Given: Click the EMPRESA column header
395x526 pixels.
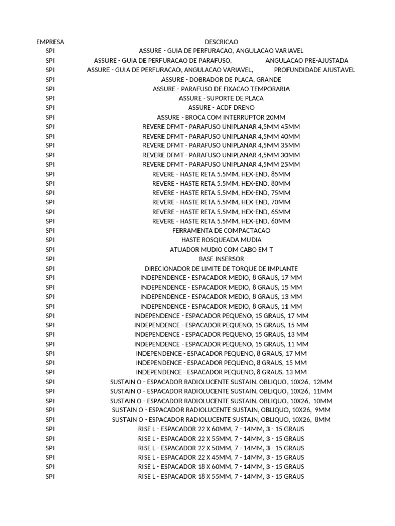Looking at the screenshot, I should click(x=50, y=42).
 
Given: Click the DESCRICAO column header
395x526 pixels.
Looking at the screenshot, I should click(x=221, y=42).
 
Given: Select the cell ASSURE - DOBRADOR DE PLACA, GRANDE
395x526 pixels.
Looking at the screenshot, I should click(x=221, y=80).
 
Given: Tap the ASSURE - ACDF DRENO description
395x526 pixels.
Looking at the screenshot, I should click(x=221, y=108).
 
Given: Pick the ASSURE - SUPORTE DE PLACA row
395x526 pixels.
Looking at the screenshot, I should click(x=221, y=98).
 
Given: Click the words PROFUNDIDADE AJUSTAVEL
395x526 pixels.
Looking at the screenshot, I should click(x=314, y=70).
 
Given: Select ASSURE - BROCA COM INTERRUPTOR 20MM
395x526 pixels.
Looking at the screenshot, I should click(x=221, y=117).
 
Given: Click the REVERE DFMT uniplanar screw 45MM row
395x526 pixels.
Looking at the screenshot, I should click(x=221, y=127).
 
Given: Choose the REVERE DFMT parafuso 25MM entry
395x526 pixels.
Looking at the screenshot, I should click(x=221, y=164).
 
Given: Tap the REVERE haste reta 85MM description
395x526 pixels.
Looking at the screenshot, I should click(x=221, y=174).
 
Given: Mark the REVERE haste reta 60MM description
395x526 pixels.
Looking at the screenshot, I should click(x=221, y=221).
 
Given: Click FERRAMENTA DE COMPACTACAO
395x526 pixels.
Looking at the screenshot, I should click(x=221, y=231).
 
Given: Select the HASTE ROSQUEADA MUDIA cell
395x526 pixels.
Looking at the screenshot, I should click(x=221, y=240).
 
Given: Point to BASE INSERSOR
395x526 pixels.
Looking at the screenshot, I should click(x=221, y=259).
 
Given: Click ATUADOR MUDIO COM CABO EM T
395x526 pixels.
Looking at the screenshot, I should click(x=221, y=250).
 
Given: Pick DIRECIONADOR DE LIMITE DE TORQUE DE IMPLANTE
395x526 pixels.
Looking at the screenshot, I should click(x=221, y=269).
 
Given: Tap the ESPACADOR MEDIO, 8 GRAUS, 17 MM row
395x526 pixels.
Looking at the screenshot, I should click(x=221, y=278).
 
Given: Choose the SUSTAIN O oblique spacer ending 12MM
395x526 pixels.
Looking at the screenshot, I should click(x=221, y=382).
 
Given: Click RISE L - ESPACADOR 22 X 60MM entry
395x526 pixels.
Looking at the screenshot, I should click(x=221, y=429).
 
